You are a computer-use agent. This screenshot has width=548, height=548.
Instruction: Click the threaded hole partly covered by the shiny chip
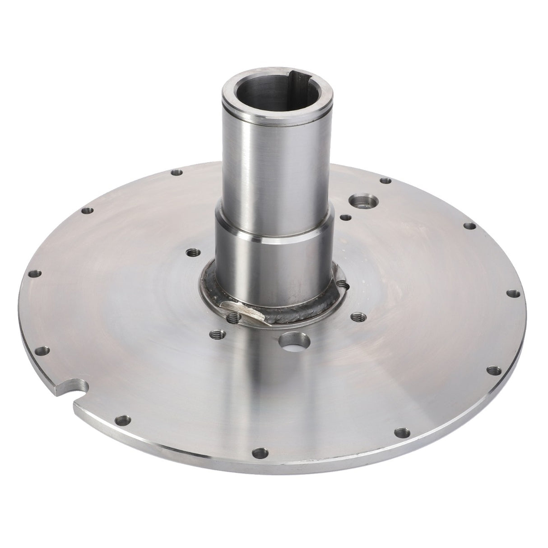click(x=232, y=319)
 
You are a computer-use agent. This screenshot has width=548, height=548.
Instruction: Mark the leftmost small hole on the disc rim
click(x=34, y=274)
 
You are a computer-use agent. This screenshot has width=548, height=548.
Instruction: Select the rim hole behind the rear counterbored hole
click(x=385, y=181)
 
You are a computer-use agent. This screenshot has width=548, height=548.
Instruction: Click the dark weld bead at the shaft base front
click(x=293, y=316)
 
